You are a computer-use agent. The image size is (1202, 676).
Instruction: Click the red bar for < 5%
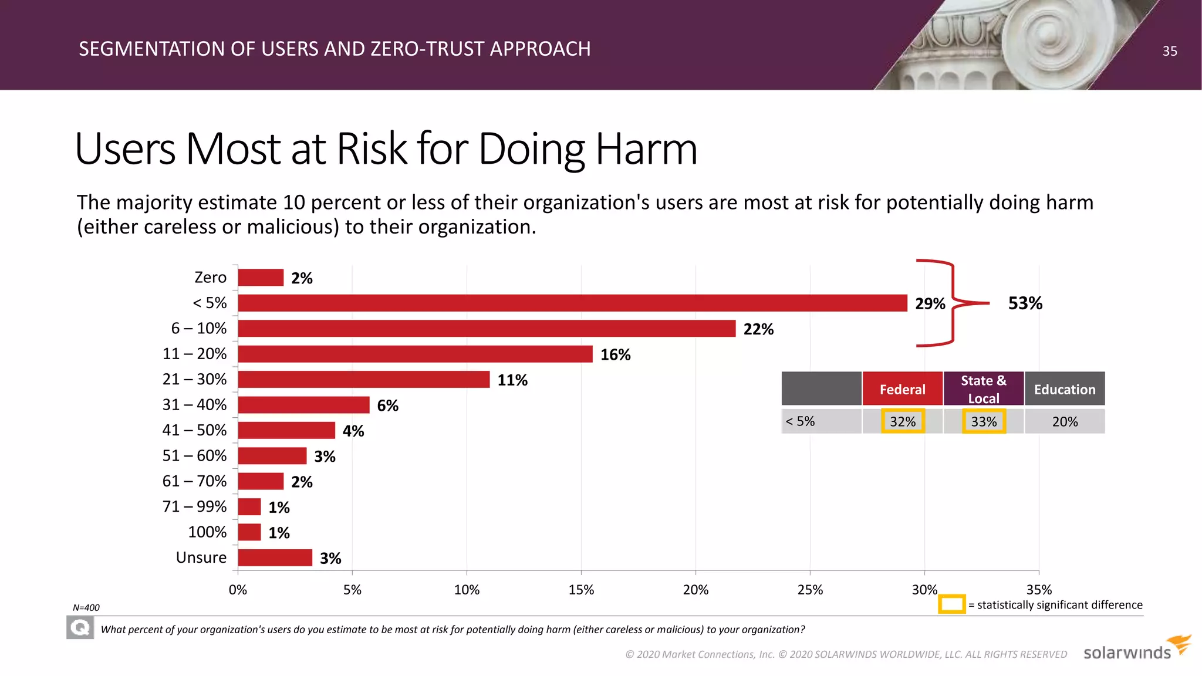coord(572,303)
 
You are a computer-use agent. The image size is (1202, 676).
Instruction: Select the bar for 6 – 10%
coord(486,329)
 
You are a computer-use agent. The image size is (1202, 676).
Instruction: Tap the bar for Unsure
coord(275,557)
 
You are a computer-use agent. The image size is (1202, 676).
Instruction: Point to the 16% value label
coord(615,354)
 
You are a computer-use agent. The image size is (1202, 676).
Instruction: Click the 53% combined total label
coord(1025,303)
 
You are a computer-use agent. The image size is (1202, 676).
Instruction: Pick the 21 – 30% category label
coord(194,379)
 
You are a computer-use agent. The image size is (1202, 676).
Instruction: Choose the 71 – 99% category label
coord(194,506)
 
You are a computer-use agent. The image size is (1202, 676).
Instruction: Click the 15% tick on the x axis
coord(581,590)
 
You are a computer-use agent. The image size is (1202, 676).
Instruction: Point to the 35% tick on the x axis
coord(1038,590)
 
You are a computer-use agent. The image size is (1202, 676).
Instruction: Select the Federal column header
coord(902,389)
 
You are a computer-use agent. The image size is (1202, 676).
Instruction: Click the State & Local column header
coord(983,389)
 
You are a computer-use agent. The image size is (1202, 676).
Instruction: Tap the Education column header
coord(1064,389)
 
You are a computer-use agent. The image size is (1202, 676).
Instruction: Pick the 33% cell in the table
coord(984,421)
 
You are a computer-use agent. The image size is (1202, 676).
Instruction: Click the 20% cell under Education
coord(1065,421)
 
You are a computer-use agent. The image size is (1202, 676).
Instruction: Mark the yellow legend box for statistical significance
coord(951,604)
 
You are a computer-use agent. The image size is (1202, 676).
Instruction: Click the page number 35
coord(1169,51)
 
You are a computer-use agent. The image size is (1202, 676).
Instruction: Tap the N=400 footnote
coord(86,607)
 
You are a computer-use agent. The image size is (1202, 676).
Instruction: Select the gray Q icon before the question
coord(80,628)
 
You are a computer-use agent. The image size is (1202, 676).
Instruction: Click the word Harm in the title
coord(646,149)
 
